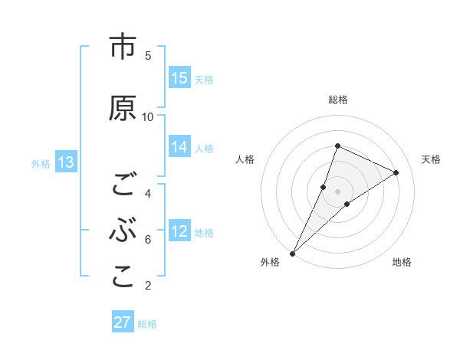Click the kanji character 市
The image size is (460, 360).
click(x=122, y=47)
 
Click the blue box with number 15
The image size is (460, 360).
click(x=179, y=78)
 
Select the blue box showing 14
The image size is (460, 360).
click(x=179, y=148)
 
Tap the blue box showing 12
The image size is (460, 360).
click(x=179, y=231)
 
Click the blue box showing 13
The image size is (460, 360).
click(x=65, y=162)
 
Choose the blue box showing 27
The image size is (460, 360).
click(x=123, y=322)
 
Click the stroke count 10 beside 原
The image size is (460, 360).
click(x=148, y=116)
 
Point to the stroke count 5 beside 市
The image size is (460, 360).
click(x=148, y=55)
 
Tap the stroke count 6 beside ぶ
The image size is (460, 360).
click(x=148, y=240)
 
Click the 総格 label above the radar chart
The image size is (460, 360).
click(x=337, y=100)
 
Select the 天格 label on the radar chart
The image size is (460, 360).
click(x=431, y=159)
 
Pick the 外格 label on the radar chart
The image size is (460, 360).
click(x=270, y=262)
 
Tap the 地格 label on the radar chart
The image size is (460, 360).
click(x=402, y=262)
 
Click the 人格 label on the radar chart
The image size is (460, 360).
click(x=245, y=159)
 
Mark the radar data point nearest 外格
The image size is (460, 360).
click(x=293, y=253)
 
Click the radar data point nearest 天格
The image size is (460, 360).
click(x=396, y=172)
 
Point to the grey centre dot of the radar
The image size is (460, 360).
click(x=337, y=191)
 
